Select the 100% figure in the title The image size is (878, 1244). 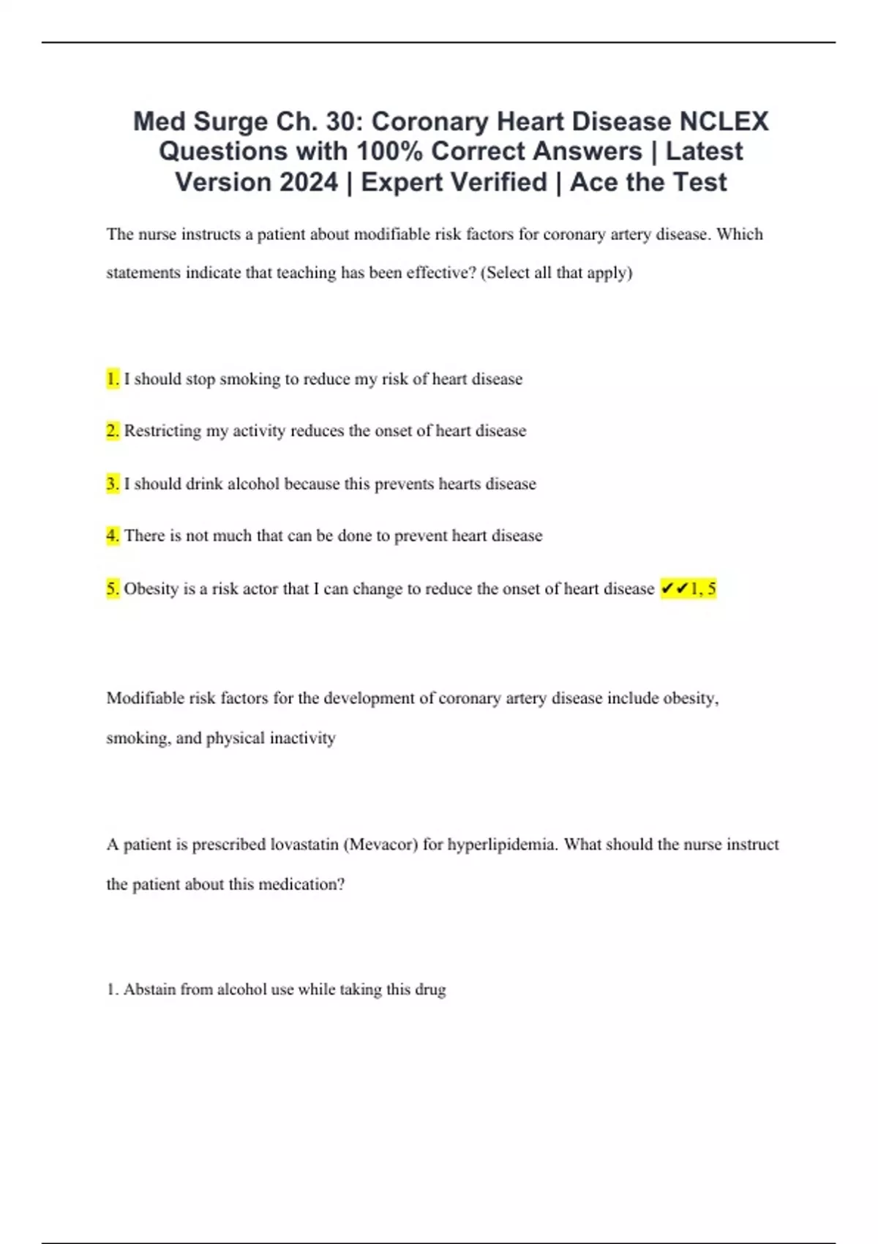[389, 151]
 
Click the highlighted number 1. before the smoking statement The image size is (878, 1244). [113, 379]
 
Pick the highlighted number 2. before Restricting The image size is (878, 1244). [113, 431]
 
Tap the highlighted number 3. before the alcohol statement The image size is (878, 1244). [113, 484]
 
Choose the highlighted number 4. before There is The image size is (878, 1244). [113, 536]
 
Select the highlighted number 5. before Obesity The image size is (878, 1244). [113, 589]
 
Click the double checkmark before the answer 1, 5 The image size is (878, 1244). [674, 588]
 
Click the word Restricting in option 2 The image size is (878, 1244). [162, 431]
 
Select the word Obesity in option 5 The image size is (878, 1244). [151, 589]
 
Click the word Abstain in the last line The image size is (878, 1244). [149, 989]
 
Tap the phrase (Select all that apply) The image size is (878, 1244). [556, 273]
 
